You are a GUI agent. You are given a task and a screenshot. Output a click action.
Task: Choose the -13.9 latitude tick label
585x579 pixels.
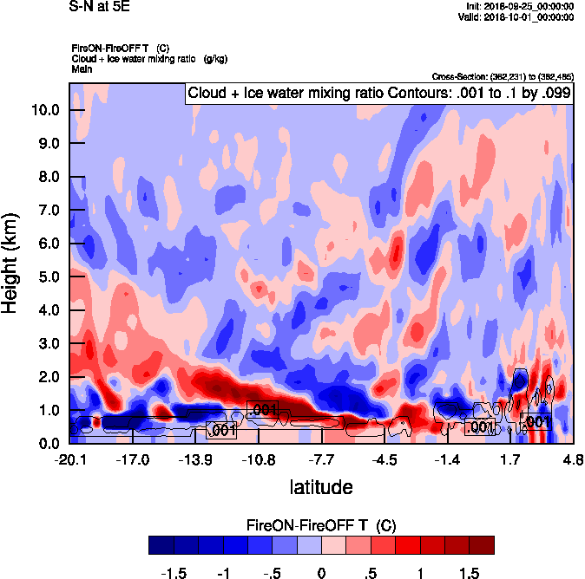(x=195, y=459)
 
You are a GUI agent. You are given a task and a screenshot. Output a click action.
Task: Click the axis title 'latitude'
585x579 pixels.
(x=320, y=486)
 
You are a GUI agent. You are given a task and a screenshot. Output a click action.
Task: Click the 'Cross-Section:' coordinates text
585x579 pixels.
(x=501, y=77)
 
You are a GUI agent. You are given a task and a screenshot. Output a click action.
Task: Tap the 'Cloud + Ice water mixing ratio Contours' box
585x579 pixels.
(x=378, y=94)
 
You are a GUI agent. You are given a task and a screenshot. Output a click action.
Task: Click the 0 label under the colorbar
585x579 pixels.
(x=321, y=573)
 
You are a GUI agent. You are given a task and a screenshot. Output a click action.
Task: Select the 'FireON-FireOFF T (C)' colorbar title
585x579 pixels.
(x=321, y=525)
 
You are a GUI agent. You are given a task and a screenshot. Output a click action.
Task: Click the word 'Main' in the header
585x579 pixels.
(x=82, y=68)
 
